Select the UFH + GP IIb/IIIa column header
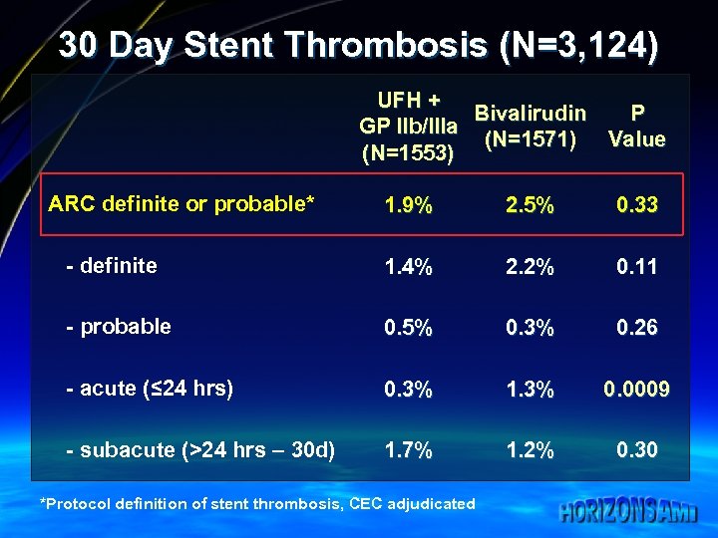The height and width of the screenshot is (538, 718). [409, 127]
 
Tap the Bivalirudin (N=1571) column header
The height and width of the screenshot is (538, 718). [530, 127]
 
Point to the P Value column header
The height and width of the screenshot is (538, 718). [636, 127]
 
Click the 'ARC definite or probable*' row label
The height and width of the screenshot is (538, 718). [181, 204]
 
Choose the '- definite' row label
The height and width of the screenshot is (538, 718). [111, 266]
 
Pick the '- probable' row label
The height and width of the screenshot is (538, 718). [118, 327]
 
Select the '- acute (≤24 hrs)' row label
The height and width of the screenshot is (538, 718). [150, 389]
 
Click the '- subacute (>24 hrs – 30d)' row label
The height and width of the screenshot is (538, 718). [200, 450]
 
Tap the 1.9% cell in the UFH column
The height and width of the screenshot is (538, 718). [409, 205]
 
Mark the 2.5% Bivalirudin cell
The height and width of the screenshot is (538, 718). [530, 205]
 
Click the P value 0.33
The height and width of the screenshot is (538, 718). [636, 205]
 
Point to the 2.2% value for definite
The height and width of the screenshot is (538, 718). [530, 267]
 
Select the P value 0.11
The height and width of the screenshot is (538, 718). [636, 267]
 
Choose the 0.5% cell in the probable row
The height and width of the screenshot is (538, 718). [409, 328]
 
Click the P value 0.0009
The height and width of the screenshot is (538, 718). [636, 390]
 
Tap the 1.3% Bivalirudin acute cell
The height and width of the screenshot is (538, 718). [530, 390]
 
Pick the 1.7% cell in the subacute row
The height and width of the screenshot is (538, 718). [409, 450]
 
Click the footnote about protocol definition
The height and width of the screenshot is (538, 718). [257, 503]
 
